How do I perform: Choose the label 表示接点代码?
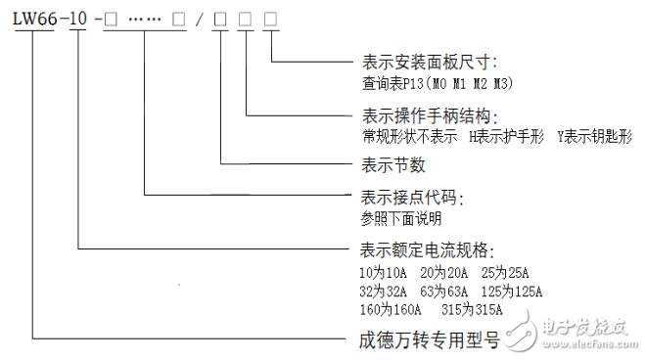coord(409,198)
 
